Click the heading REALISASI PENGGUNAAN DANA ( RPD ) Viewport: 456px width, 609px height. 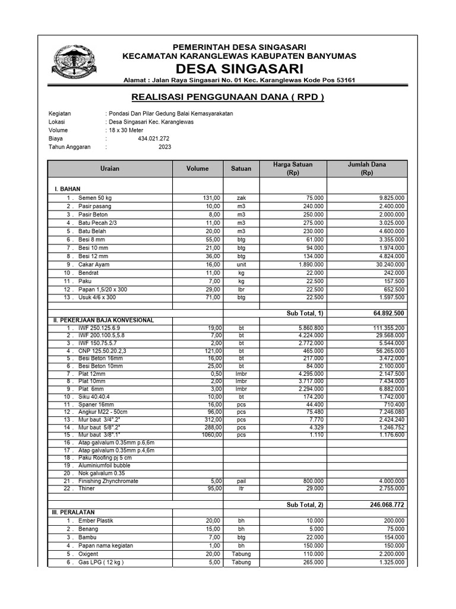(x=227, y=97)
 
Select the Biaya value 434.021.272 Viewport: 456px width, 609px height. (x=153, y=139)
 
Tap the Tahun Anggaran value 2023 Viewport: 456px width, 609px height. (x=164, y=147)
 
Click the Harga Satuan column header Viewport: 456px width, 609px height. (x=292, y=168)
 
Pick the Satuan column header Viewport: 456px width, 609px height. (x=240, y=168)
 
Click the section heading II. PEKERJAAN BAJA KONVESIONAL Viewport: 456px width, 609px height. (x=104, y=320)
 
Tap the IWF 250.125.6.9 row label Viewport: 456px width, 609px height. (x=100, y=328)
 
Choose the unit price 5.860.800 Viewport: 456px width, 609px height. (x=309, y=328)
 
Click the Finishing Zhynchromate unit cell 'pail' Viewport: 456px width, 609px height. (x=241, y=481)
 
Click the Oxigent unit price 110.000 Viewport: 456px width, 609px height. (x=312, y=554)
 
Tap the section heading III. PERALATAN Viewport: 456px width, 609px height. (x=74, y=512)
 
